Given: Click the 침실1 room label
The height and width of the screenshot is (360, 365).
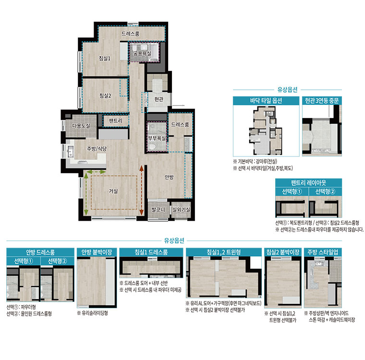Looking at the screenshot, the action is [x=105, y=58].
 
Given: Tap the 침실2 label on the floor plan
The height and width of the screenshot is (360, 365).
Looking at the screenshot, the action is [x=105, y=96].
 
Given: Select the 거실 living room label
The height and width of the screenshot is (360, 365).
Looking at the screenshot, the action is [x=113, y=191].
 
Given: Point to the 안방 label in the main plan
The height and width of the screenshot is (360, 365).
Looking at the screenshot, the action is [x=169, y=177].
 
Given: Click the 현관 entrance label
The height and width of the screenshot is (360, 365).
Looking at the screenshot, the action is [x=159, y=99].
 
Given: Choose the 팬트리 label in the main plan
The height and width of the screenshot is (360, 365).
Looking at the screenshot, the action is [x=116, y=121].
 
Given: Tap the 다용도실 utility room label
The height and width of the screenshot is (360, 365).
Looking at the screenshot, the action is [x=81, y=126].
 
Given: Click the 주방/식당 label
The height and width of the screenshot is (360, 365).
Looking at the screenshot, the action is [x=97, y=149].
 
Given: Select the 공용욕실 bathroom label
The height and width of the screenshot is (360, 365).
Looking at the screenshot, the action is [x=142, y=54].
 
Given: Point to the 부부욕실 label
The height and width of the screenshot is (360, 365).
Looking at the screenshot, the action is [x=157, y=138].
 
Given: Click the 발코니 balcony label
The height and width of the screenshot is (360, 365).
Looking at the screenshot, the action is [x=158, y=210].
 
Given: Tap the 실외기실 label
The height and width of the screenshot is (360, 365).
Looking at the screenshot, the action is [x=181, y=210].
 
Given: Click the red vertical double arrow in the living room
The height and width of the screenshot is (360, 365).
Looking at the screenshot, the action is [x=141, y=191].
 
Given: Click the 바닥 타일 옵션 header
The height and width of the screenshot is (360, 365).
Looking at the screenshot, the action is [x=266, y=101].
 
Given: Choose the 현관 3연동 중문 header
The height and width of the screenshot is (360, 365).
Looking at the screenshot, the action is [x=322, y=101].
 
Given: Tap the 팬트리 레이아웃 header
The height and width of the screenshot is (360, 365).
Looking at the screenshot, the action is [x=308, y=183].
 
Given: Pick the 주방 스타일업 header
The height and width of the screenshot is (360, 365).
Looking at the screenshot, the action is [x=323, y=252].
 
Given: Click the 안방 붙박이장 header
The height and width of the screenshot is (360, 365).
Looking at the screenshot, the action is [x=97, y=252].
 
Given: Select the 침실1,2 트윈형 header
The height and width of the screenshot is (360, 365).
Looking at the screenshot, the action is [x=223, y=252].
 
